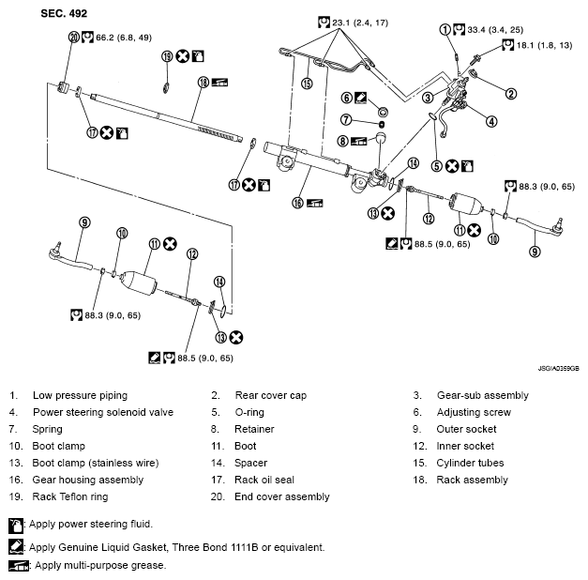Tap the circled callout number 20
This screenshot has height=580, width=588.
(74, 38)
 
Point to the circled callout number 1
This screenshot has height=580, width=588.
(445, 29)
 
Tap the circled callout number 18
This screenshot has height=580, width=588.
(203, 83)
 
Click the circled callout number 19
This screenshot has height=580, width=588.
(166, 57)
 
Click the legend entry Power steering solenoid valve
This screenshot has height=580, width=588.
(103, 412)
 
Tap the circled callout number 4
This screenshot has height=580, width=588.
(491, 120)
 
